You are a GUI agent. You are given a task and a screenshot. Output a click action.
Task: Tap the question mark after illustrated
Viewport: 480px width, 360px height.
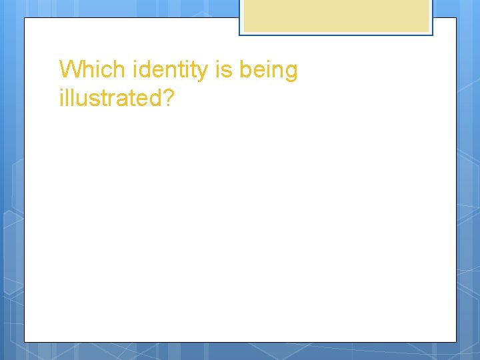tap(168, 98)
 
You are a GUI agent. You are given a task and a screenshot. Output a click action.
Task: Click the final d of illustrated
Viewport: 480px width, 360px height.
tap(154, 98)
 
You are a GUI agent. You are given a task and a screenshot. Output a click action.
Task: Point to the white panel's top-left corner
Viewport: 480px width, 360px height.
tap(25, 18)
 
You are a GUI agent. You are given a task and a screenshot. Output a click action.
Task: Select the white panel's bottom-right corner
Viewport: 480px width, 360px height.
tap(456, 342)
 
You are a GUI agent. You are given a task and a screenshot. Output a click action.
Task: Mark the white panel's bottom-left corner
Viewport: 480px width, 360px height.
tap(25, 342)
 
